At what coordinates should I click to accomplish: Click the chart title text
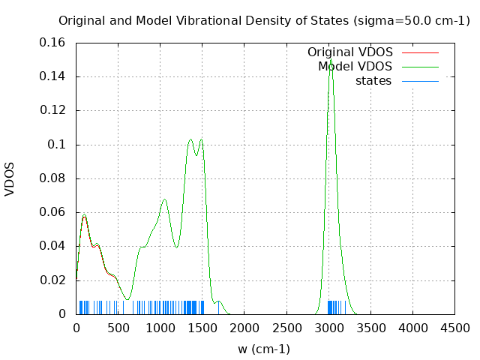[264, 20]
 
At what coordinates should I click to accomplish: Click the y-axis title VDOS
[10, 178]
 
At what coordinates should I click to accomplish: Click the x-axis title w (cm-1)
[264, 349]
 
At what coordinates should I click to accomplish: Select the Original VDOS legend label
[349, 52]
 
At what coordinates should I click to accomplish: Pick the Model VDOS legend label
[355, 67]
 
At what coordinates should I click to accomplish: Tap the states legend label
[373, 81]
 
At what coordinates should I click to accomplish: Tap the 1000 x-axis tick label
[160, 328]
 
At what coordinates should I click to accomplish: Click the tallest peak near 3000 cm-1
[330, 59]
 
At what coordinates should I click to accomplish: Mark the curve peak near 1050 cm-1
[164, 199]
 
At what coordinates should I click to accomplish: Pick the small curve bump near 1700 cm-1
[218, 301]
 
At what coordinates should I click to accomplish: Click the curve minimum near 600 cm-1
[127, 299]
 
